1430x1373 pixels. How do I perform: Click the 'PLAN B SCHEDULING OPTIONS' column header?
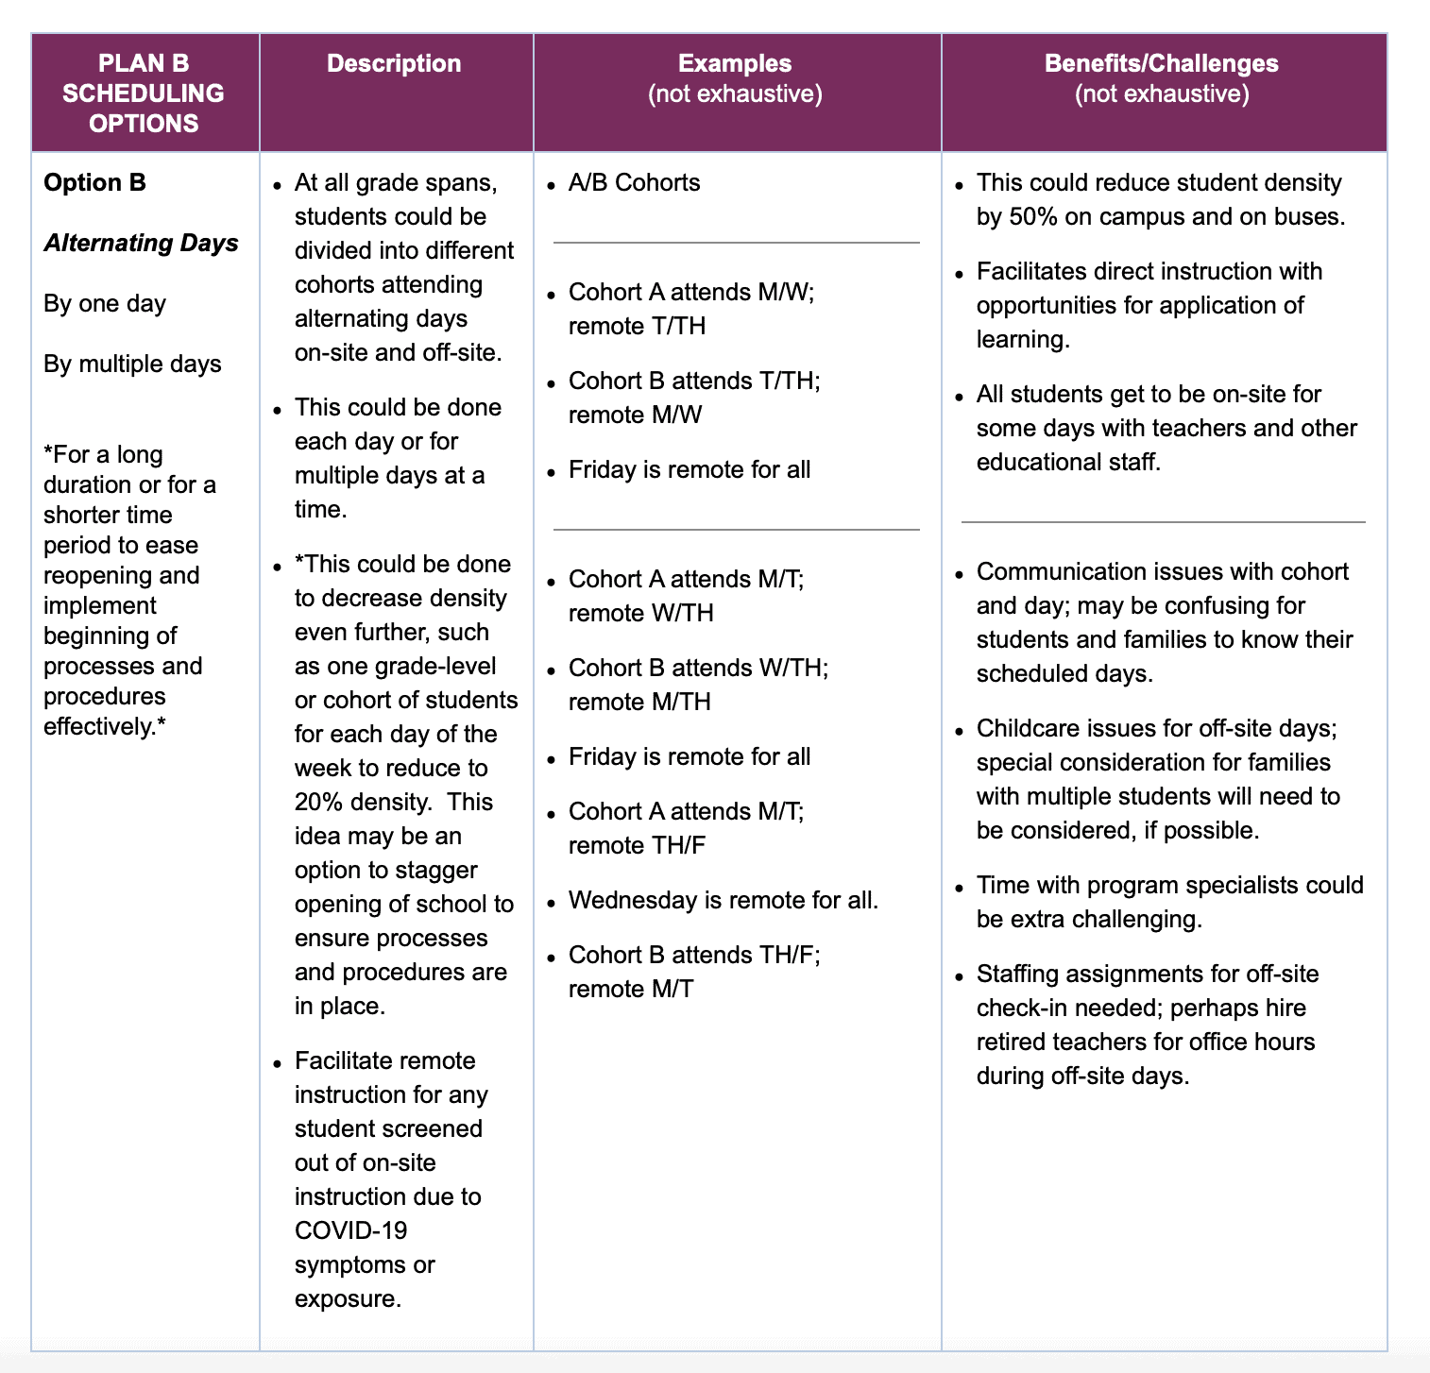click(x=144, y=93)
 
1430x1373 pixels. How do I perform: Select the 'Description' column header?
click(x=394, y=63)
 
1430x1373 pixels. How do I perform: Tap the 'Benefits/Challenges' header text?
click(x=1161, y=63)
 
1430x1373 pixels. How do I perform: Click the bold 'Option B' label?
click(x=94, y=182)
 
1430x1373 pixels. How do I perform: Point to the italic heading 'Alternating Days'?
click(x=141, y=243)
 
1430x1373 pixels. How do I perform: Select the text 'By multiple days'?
click(x=132, y=364)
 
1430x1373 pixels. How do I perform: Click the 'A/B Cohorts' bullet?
click(x=634, y=182)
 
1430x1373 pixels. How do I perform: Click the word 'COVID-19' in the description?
click(x=350, y=1230)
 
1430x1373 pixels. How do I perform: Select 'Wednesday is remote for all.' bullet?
click(x=723, y=900)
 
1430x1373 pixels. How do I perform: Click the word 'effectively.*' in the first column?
click(x=105, y=726)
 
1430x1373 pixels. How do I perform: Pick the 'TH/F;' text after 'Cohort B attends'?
click(x=790, y=955)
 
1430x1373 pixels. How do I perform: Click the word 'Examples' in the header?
click(x=734, y=63)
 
